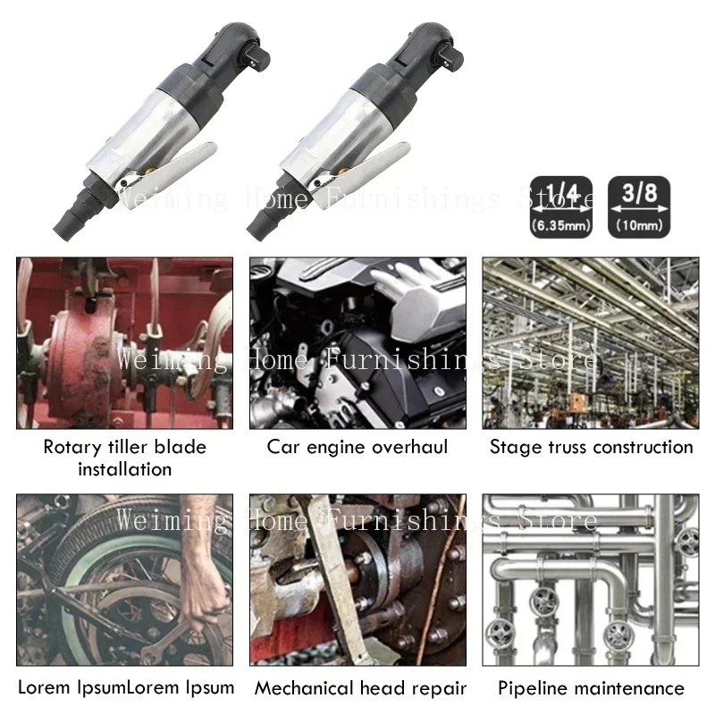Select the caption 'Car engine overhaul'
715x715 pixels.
pyautogui.click(x=357, y=446)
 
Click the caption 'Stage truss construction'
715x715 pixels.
pyautogui.click(x=591, y=446)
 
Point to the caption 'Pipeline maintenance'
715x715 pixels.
pyautogui.click(x=591, y=688)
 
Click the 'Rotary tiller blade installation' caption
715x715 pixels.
pyautogui.click(x=124, y=457)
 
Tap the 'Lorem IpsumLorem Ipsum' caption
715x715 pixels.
pyautogui.click(x=126, y=687)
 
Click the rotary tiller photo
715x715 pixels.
pyautogui.click(x=124, y=342)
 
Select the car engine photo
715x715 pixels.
pyautogui.click(x=357, y=342)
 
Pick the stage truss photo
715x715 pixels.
pyautogui.click(x=591, y=342)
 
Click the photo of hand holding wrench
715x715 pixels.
pyautogui.click(x=124, y=581)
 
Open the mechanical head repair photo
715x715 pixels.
pyautogui.click(x=357, y=581)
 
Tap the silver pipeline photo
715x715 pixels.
pyautogui.click(x=591, y=581)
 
